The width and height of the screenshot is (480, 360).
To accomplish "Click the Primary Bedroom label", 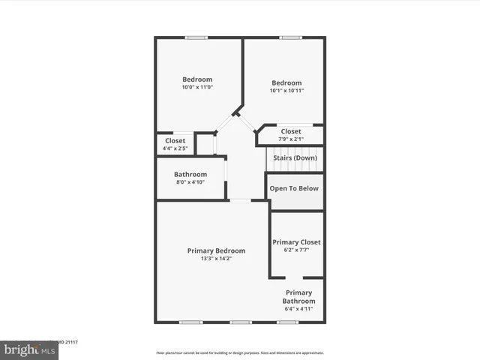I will point(216,250).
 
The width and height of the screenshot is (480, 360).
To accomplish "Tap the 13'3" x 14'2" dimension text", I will point(216,259).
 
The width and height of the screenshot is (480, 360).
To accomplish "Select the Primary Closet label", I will point(296,242).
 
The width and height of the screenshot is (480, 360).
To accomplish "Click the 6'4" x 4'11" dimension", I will point(298,309).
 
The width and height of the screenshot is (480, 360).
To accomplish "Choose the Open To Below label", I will point(294,189).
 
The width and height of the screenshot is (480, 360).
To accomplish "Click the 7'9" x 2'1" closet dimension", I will point(291,139).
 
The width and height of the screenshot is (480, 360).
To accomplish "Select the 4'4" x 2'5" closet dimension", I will point(175,148).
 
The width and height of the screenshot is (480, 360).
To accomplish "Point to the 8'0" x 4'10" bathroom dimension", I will point(190,182).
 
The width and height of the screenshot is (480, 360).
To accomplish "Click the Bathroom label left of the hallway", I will point(190,174).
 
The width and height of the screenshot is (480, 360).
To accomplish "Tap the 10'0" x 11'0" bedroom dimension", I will point(197,88).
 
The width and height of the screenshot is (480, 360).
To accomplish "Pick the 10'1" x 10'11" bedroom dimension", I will point(286,91).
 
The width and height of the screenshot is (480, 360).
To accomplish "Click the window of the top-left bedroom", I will point(197,37).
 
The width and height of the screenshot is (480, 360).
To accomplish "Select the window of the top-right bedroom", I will point(291,37).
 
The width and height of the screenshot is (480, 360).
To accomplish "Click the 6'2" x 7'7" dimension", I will point(296,250).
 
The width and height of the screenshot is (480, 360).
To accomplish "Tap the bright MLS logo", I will point(29,349).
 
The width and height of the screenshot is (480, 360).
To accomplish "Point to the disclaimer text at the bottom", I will point(239,352).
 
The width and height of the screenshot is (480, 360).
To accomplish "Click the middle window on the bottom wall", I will point(240,322).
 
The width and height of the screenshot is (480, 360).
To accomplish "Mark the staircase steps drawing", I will point(294,160).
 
